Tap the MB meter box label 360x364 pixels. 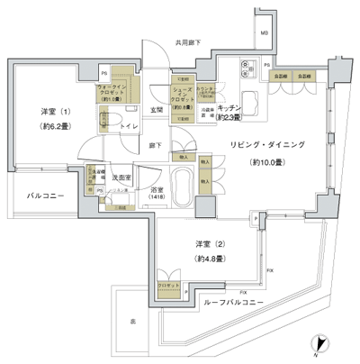coord(265,33)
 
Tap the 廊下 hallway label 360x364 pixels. coord(157,144)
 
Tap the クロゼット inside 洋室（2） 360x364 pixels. coord(167,285)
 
